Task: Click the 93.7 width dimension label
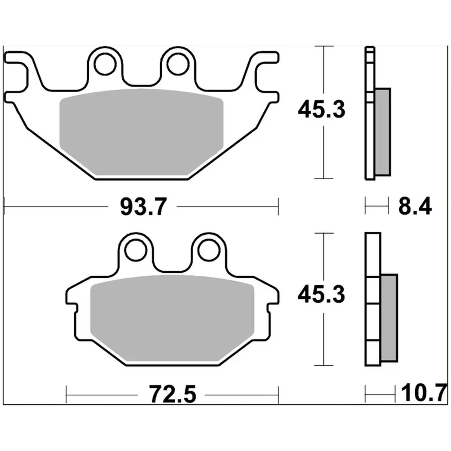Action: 143,207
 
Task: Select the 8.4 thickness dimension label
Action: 415,206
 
